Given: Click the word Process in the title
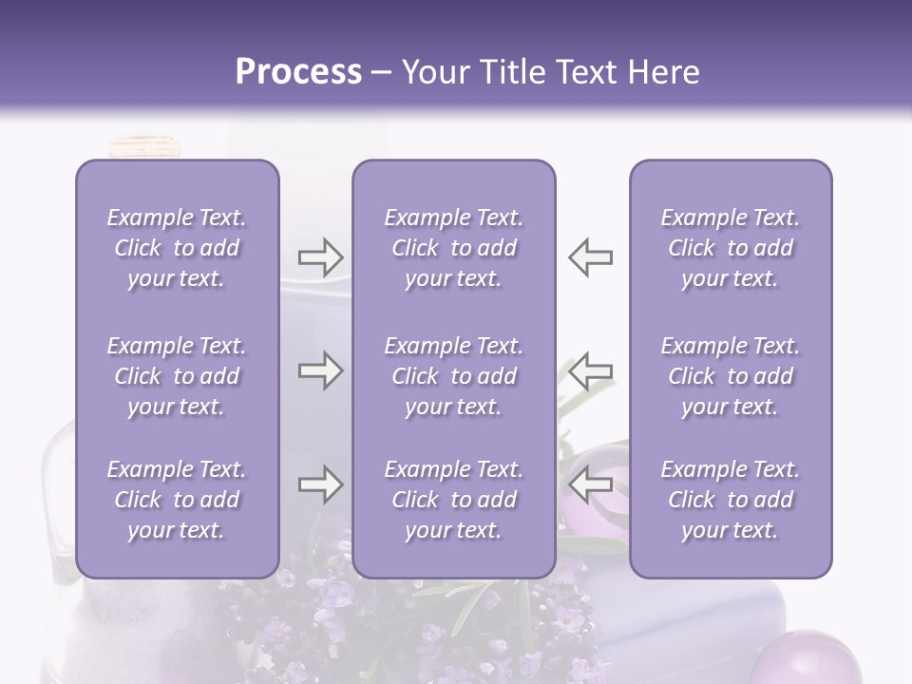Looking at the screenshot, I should point(298,72).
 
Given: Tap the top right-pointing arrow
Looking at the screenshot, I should point(320,257).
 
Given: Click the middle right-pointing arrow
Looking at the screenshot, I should point(320,370).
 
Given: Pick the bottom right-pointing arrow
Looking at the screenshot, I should point(320,485).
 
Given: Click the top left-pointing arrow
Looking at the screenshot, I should point(590,257).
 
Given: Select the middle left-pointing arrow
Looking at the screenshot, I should point(590,370).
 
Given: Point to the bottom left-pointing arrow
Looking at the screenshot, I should point(590,484).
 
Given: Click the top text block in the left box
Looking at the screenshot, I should point(177,248).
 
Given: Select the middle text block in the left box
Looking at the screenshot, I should point(177,376).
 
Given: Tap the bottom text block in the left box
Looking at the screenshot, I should point(177,500).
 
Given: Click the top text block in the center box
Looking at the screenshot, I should point(453,248).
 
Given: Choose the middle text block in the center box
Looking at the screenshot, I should point(453,376).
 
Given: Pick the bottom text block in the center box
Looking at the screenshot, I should point(453,500).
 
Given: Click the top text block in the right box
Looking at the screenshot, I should point(731,248).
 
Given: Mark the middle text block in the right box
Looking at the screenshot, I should point(731,376).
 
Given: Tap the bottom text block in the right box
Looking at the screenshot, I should point(731,500).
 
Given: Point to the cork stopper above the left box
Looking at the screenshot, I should point(144,145).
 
